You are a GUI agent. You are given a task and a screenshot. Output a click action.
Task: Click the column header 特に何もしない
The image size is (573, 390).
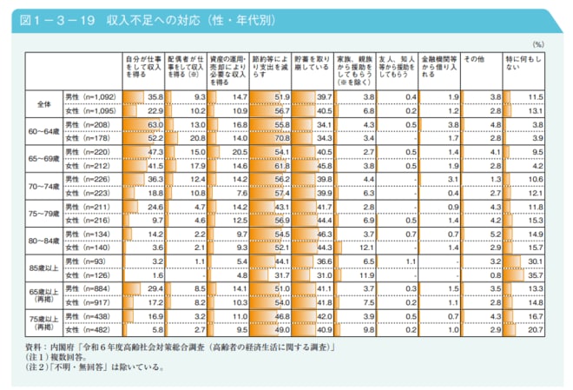[x=517, y=62]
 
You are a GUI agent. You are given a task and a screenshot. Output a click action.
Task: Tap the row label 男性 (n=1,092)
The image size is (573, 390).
[x=90, y=96]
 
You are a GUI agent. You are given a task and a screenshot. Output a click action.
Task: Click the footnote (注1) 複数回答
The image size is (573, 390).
[x=59, y=356]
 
